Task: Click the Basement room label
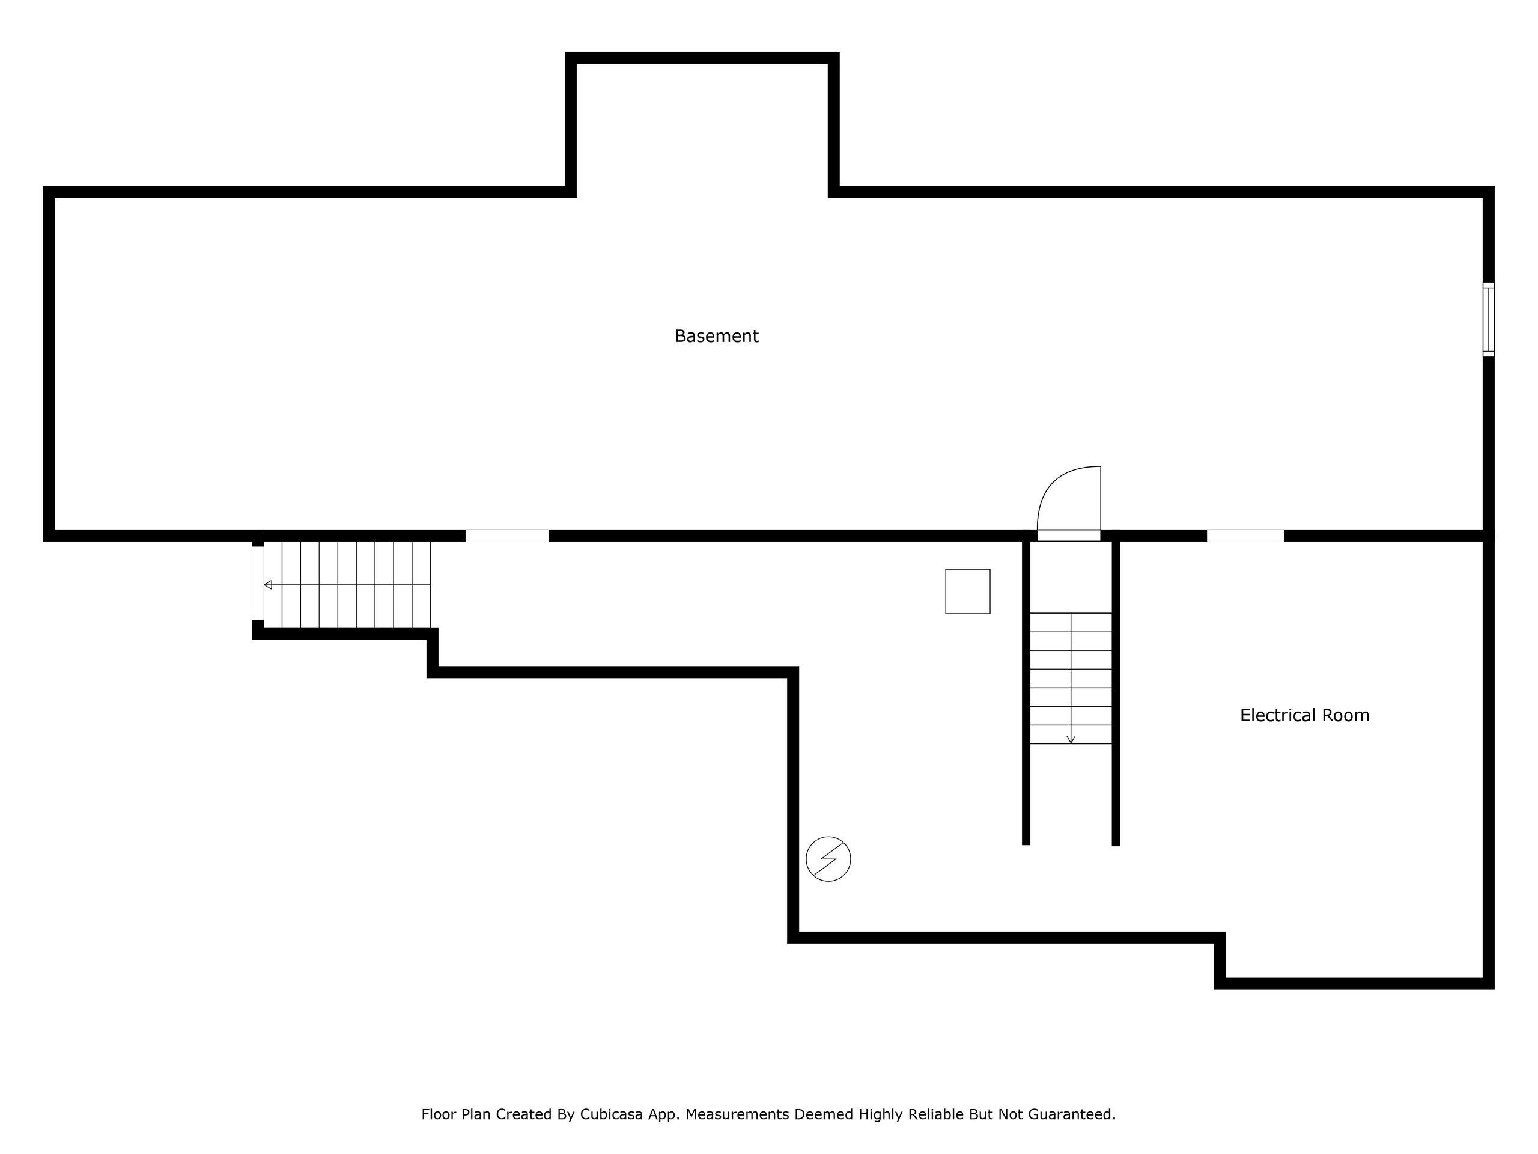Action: [716, 336]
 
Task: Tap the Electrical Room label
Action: [1304, 715]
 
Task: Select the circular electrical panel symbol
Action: [828, 859]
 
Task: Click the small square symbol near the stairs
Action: [967, 591]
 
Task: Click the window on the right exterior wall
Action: [1488, 320]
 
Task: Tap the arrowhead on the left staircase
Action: [268, 585]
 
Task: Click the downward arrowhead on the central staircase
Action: [1071, 740]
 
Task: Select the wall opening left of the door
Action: [507, 536]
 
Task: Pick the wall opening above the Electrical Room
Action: [1245, 536]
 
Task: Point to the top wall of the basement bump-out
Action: [702, 58]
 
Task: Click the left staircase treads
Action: [347, 585]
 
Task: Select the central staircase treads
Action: [1071, 678]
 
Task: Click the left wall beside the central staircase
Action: [1026, 689]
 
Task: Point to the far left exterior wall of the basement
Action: [49, 364]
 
